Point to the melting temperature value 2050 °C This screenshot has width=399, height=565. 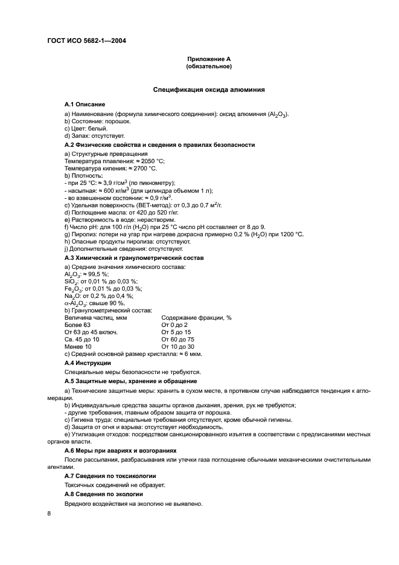(x=148, y=161)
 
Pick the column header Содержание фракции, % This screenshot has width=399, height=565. (x=196, y=317)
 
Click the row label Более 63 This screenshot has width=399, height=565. (x=77, y=324)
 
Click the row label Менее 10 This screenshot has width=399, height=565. (x=78, y=346)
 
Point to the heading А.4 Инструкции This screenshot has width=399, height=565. (x=88, y=363)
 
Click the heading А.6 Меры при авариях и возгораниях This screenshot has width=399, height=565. (x=121, y=450)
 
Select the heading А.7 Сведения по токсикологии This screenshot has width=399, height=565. (x=110, y=476)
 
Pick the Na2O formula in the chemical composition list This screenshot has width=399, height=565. (x=72, y=295)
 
